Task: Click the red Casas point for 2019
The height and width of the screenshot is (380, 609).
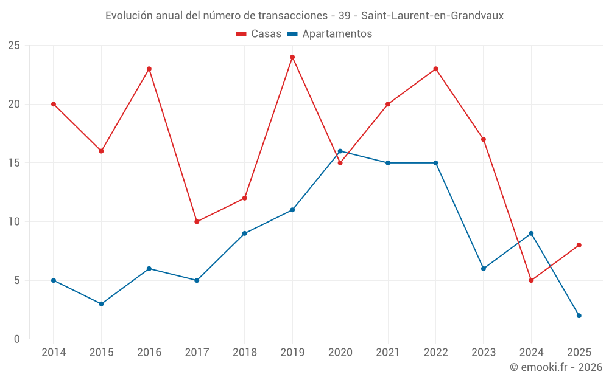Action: pos(292,57)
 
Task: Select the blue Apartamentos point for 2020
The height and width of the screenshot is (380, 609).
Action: pos(340,151)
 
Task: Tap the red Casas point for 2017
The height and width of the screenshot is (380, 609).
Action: pos(197,221)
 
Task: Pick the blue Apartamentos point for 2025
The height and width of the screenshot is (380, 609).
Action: pos(579,316)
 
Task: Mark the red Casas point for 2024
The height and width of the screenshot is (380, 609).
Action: pos(531,280)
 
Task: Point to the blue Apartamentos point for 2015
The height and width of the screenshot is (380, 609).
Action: pos(101,304)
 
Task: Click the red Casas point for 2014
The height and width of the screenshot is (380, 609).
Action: pos(54,104)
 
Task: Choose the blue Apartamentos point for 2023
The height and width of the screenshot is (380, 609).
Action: pos(484,269)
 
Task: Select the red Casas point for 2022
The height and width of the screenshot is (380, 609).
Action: pos(435,69)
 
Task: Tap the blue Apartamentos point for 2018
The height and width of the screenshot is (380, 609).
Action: pos(244,233)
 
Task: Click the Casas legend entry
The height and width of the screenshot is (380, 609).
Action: pos(259,34)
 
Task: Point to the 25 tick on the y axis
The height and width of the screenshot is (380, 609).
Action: pos(14,46)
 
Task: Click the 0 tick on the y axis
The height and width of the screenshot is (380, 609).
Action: pos(17,339)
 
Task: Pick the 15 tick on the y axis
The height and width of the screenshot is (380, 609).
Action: pos(14,163)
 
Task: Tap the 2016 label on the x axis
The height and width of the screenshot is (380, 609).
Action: pos(149,353)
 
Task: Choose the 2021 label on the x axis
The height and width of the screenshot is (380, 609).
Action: pos(388,353)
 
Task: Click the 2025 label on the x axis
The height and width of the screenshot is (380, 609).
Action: pos(579,353)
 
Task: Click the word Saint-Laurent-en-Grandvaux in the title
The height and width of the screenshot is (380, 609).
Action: pos(432,16)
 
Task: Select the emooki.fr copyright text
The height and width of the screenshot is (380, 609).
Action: pos(556,367)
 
